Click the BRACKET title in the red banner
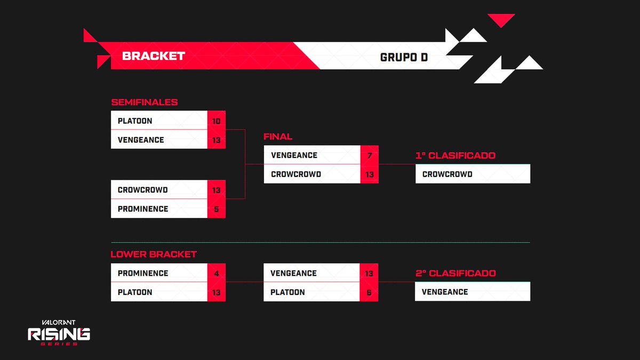154,56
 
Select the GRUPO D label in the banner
404,57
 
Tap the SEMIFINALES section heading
144,102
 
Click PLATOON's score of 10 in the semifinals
217,121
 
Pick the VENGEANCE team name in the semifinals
141,140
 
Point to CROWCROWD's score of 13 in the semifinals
217,190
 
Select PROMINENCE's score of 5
217,209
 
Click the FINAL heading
278,137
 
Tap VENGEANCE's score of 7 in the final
370,155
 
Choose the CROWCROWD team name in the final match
296,174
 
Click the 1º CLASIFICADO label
455,156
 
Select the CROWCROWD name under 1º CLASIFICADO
447,174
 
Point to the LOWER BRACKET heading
154,254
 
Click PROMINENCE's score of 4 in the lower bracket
217,274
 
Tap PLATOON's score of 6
369,292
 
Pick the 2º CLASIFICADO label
455,274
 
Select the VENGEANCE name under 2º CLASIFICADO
445,292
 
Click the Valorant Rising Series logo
59,333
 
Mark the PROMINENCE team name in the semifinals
143,209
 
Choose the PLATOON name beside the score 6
287,292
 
